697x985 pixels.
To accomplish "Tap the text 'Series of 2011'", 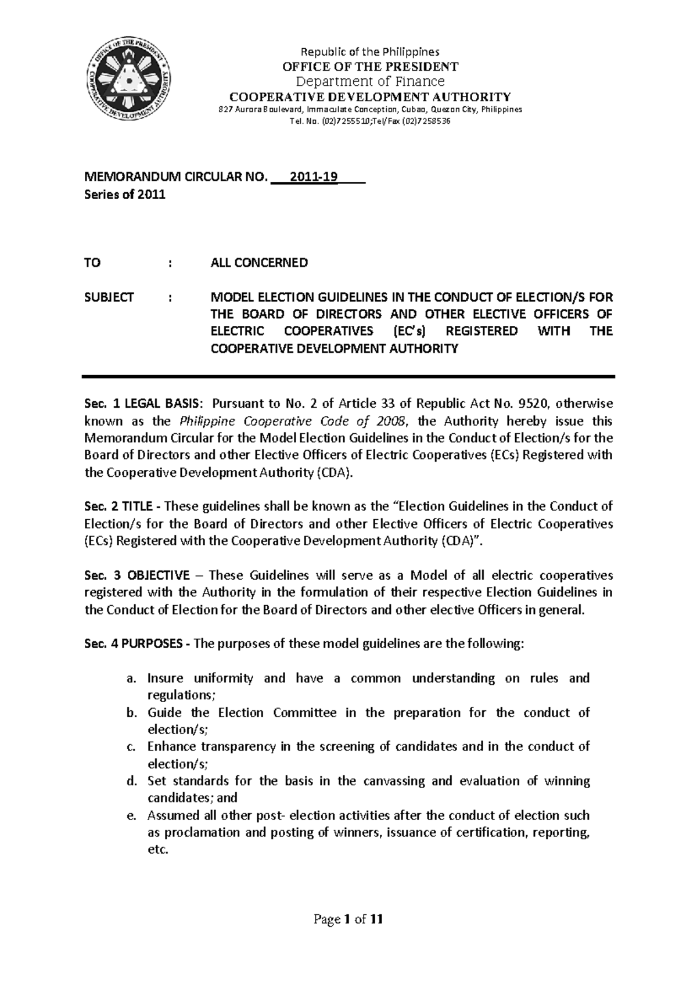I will pyautogui.click(x=125, y=195).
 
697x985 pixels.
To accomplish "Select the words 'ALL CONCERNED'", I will pyautogui.click(x=259, y=263).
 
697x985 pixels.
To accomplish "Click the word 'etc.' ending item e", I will pyautogui.click(x=158, y=850).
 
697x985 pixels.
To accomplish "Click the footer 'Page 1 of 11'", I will pyautogui.click(x=348, y=919).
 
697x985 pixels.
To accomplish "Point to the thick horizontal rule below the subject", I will pyautogui.click(x=348, y=377).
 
